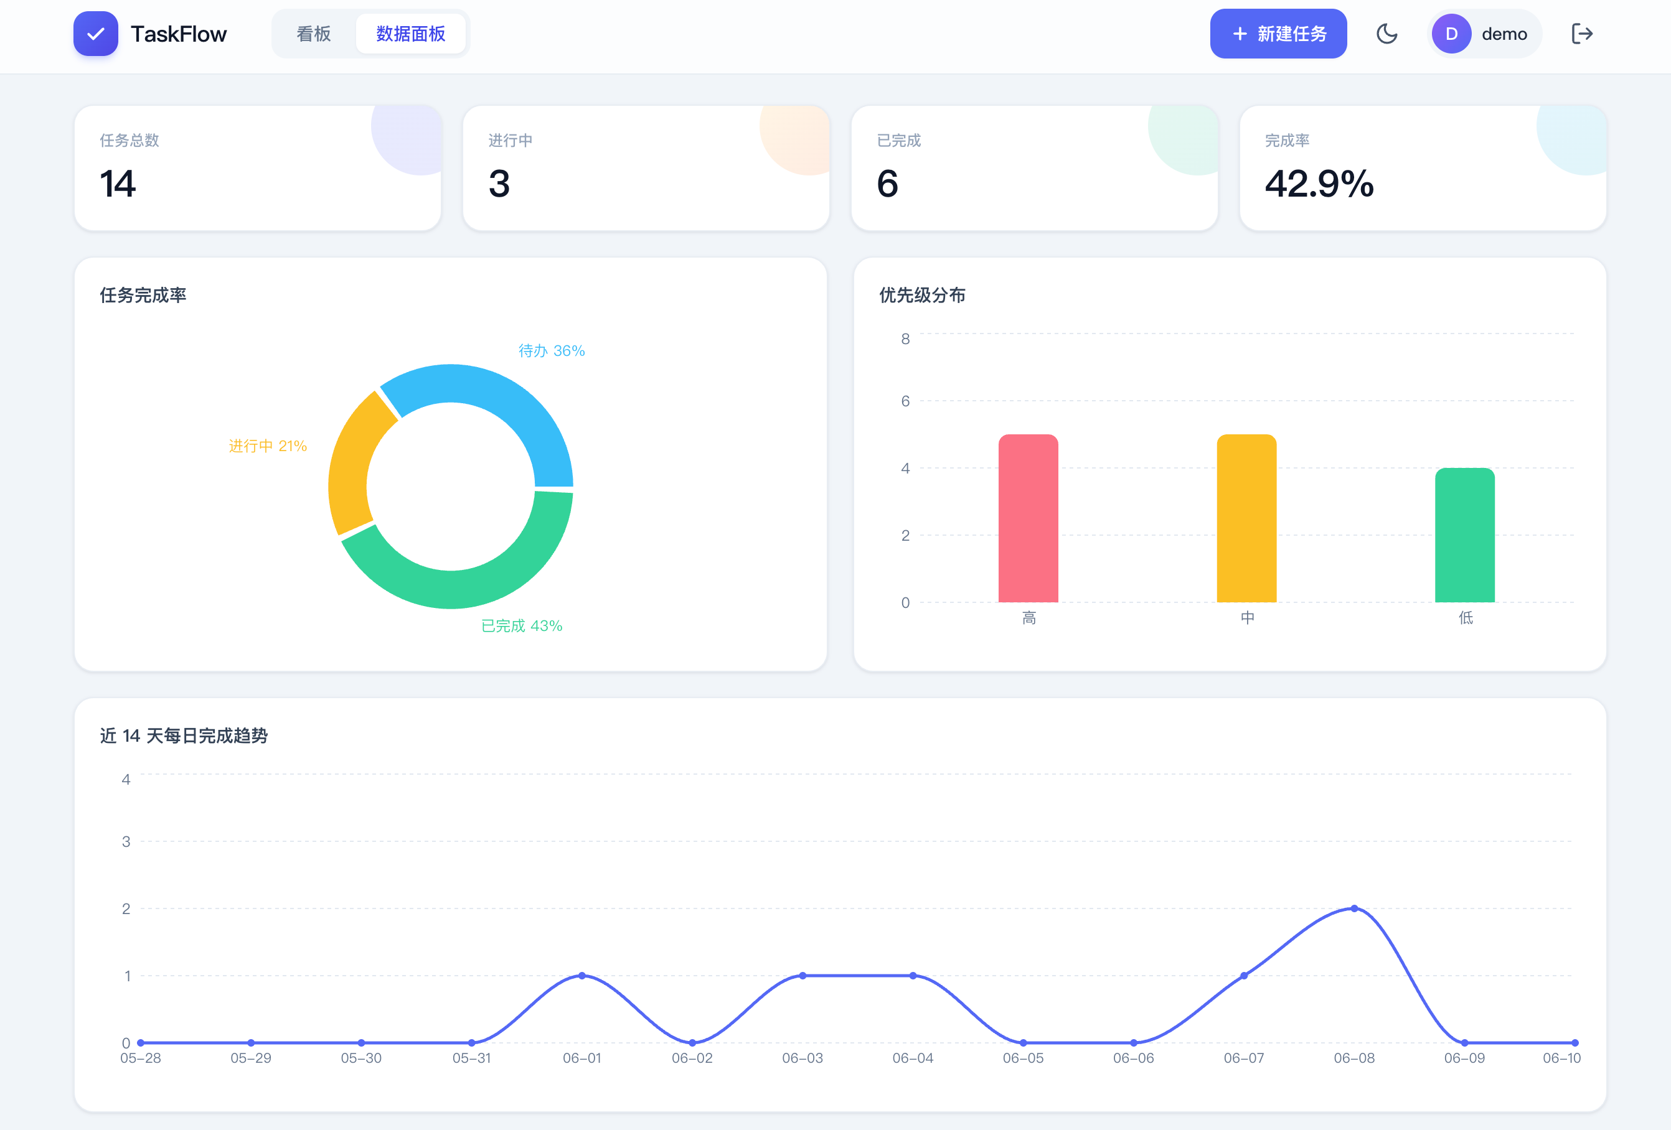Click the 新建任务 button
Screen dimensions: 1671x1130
(x=1278, y=34)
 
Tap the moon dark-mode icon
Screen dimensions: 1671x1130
(x=1386, y=34)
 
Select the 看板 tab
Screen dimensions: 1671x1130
(x=314, y=34)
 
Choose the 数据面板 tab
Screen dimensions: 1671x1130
(x=410, y=34)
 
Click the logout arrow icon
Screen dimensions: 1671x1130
(x=1582, y=34)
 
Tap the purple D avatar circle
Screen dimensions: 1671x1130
(x=1451, y=34)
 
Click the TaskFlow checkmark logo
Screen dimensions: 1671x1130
(x=96, y=34)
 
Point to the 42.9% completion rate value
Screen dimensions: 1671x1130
(x=1319, y=184)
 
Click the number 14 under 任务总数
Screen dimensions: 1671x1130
(x=118, y=184)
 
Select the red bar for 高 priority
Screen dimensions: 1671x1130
(x=1028, y=518)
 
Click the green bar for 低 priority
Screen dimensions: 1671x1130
(x=1465, y=535)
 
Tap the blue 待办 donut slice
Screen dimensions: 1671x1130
(x=503, y=403)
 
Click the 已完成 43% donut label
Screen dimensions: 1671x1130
(x=521, y=626)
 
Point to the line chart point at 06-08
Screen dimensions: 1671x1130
(x=1354, y=908)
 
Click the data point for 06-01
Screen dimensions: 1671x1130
(x=581, y=976)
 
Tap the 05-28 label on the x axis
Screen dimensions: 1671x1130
(x=140, y=1058)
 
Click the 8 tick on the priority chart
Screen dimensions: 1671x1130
(x=905, y=339)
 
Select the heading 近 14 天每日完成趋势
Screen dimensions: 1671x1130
(x=184, y=735)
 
